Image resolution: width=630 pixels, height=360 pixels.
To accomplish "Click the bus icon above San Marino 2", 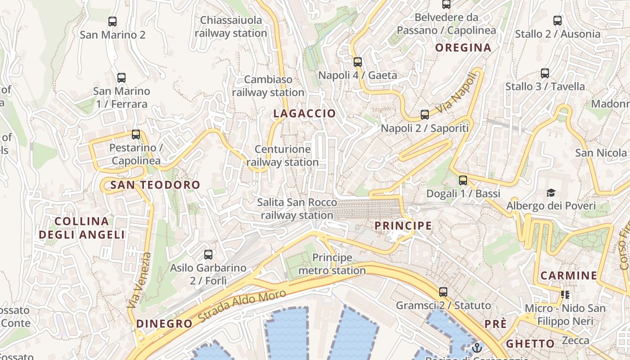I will (112, 21).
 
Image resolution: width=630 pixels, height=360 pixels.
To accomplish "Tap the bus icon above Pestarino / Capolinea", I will (136, 135).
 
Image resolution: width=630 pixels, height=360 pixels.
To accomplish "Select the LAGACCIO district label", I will (305, 113).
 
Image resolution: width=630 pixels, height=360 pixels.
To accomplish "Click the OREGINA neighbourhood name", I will (463, 48).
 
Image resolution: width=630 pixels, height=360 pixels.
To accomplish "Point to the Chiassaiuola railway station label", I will (231, 27).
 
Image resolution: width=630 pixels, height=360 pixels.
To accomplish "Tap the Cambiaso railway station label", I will (268, 86).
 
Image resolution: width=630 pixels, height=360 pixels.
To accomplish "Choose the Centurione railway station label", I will (283, 156).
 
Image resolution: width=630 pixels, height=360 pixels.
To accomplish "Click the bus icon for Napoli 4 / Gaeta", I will (358, 62).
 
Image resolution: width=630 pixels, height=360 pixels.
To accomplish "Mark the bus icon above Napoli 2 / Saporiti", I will (425, 115).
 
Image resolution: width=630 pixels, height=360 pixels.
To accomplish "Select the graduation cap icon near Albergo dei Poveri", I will (551, 193).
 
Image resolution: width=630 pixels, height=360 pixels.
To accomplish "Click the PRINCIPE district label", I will (403, 225).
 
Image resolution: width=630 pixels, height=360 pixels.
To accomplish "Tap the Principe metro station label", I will (332, 264).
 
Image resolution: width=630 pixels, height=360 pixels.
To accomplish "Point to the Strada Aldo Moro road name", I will (242, 306).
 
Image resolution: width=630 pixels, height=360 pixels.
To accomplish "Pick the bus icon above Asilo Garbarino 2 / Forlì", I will (208, 255).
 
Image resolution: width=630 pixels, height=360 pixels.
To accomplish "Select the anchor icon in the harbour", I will (477, 348).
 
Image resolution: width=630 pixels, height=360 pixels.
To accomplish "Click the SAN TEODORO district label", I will (155, 184).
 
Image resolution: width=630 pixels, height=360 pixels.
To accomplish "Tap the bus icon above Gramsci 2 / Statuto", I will (443, 292).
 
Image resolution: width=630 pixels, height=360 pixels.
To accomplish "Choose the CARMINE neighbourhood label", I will (569, 275).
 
